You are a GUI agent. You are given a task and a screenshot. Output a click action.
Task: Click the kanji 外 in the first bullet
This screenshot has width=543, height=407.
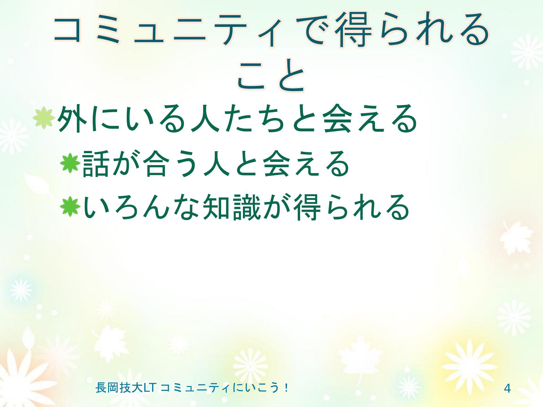click(71, 118)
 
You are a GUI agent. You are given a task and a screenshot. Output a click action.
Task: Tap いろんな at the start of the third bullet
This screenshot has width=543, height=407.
click(141, 207)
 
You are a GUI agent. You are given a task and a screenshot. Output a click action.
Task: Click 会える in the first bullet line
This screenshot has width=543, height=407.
click(369, 118)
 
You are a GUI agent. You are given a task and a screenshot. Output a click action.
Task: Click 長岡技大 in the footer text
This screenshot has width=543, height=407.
click(119, 388)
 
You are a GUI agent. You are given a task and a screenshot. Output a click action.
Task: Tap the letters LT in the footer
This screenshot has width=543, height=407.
click(149, 388)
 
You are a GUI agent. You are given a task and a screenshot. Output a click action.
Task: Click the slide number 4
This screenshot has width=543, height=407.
click(508, 389)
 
